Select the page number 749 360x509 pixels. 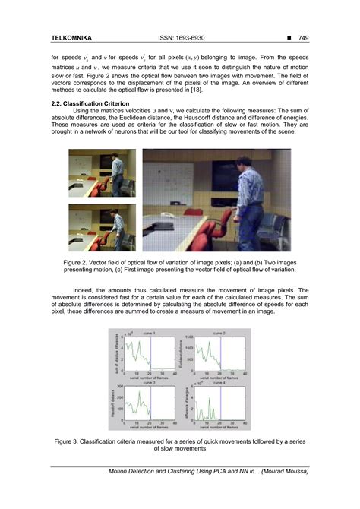tap(302, 37)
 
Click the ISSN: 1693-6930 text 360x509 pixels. tap(181, 37)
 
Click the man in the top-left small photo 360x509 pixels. tap(114, 172)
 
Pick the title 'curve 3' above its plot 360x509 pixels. tap(149, 382)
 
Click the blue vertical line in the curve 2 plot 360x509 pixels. tap(222, 354)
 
